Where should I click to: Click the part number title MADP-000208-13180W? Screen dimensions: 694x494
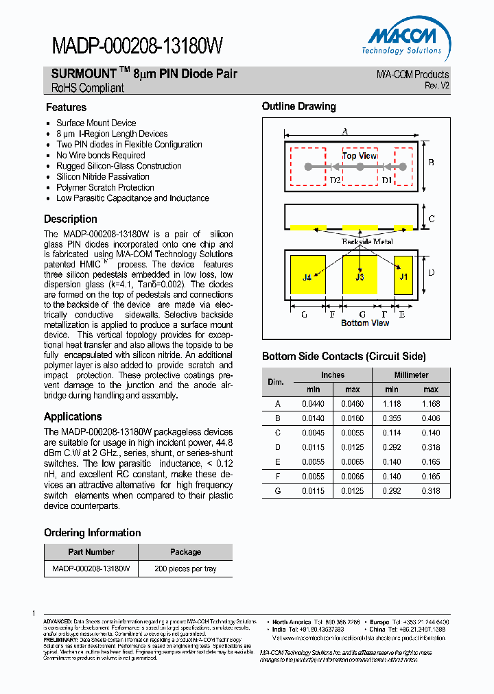(x=137, y=46)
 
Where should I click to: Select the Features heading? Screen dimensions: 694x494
(x=66, y=107)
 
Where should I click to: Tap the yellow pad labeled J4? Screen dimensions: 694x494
(x=307, y=277)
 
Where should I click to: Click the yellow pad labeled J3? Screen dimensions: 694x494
(x=360, y=277)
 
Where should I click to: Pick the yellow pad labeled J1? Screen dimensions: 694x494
(x=403, y=277)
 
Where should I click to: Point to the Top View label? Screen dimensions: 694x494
(x=360, y=156)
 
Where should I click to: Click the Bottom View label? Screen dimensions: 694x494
(x=365, y=323)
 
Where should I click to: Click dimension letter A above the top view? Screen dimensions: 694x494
(x=345, y=131)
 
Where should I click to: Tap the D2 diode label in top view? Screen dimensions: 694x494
(x=335, y=180)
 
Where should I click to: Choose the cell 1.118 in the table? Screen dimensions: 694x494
(x=391, y=404)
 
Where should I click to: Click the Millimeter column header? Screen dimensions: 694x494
(x=411, y=375)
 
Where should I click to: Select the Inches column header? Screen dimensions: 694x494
(x=333, y=375)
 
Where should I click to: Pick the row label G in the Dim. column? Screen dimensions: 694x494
(x=278, y=490)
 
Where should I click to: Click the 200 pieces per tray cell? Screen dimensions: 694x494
(x=185, y=569)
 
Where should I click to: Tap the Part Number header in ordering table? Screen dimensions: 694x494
(x=91, y=551)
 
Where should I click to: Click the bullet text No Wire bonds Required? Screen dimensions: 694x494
(x=101, y=155)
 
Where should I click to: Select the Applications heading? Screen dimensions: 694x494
(x=73, y=416)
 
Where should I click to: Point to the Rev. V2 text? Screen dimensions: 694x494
(x=436, y=86)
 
